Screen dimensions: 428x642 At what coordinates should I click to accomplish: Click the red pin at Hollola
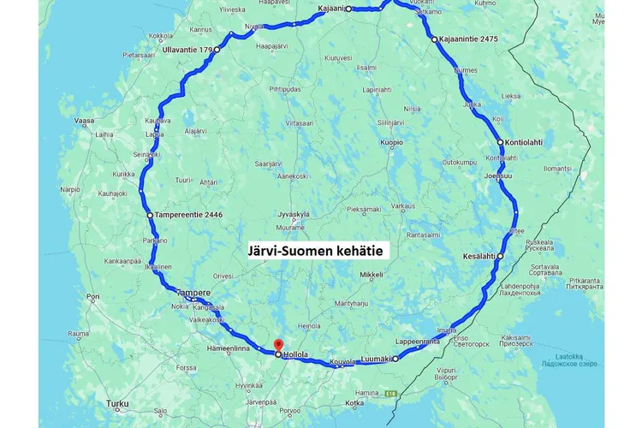point(277,345)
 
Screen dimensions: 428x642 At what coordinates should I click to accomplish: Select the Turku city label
point(117,403)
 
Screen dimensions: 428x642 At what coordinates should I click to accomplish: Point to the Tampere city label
point(193,292)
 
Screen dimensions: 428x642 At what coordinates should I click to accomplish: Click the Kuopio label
point(391,142)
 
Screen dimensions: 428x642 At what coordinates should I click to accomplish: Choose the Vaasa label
point(84,122)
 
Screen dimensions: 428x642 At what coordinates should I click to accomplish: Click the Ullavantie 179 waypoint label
point(187,51)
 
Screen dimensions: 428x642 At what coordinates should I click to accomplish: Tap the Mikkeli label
point(370,275)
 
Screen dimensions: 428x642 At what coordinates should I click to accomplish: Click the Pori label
point(93,300)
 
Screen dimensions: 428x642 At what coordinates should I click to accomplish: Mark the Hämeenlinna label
point(230,349)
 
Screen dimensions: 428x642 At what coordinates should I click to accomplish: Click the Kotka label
point(353,402)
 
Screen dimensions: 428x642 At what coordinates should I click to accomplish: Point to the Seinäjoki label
point(147,154)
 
